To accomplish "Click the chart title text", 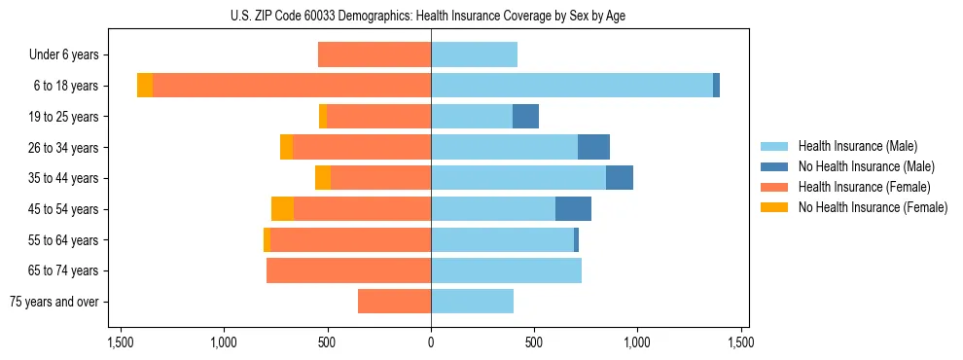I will tap(431, 15).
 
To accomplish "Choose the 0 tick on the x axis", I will tap(431, 342).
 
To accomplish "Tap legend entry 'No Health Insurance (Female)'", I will tap(873, 207).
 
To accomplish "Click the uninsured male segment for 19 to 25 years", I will tap(525, 117).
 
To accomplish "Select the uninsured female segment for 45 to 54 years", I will tap(282, 209).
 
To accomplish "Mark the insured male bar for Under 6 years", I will tap(474, 54).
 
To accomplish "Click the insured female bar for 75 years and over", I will tap(394, 302).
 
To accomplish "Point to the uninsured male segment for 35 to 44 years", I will tap(620, 178).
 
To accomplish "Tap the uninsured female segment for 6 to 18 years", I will tap(145, 86).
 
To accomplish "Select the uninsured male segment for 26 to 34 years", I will tap(593, 147).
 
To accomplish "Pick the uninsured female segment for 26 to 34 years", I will tap(286, 147).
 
